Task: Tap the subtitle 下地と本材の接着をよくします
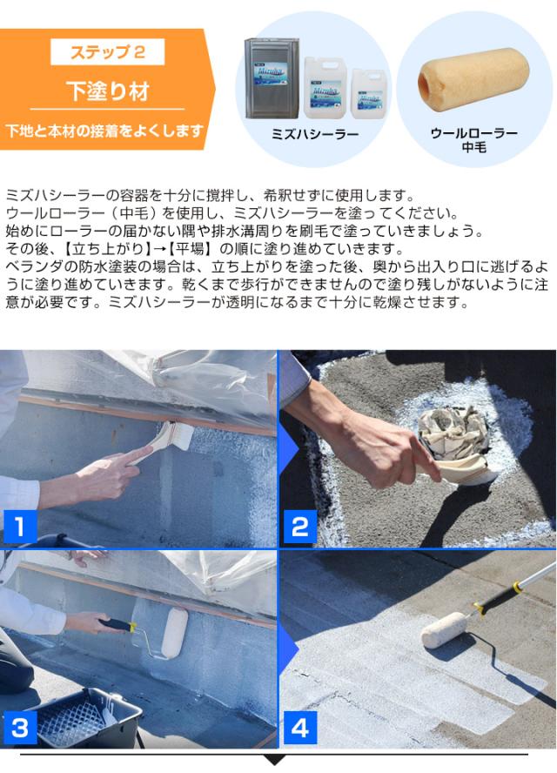click(104, 131)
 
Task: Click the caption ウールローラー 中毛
click(474, 141)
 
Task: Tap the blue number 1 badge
click(19, 525)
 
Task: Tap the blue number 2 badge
click(300, 525)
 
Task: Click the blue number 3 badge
click(19, 725)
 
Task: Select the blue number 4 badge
click(300, 725)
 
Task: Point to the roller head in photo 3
click(174, 630)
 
